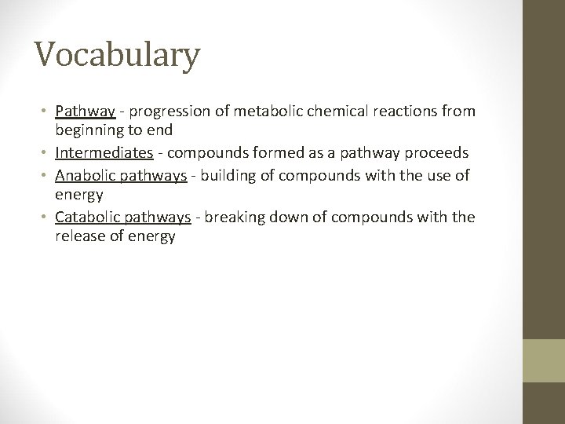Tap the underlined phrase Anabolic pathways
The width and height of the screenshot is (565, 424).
tap(121, 175)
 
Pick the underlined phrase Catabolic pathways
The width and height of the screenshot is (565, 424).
tap(123, 217)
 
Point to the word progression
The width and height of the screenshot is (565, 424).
tap(162, 111)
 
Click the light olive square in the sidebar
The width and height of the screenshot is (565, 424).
tap(545, 360)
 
